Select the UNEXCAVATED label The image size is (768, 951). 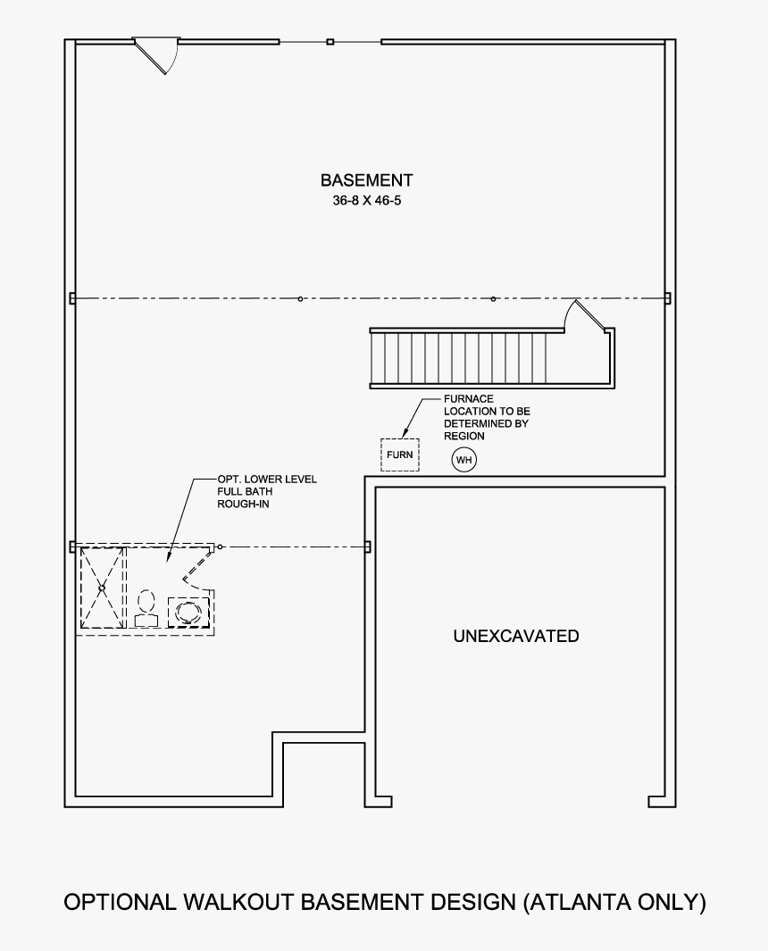tap(515, 637)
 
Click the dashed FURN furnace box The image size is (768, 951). tap(399, 455)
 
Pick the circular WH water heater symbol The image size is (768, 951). tap(463, 460)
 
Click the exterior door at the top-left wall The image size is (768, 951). tap(156, 54)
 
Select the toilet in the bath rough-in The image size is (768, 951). tap(146, 608)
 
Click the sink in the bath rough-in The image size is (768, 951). tap(188, 612)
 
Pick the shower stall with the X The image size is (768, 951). tap(102, 588)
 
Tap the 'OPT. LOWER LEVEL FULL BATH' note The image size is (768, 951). tap(266, 492)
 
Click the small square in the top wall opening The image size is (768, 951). tap(330, 42)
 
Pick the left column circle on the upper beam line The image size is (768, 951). tap(301, 298)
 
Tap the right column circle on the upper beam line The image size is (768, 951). tap(493, 298)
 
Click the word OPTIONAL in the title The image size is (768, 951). tap(120, 903)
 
